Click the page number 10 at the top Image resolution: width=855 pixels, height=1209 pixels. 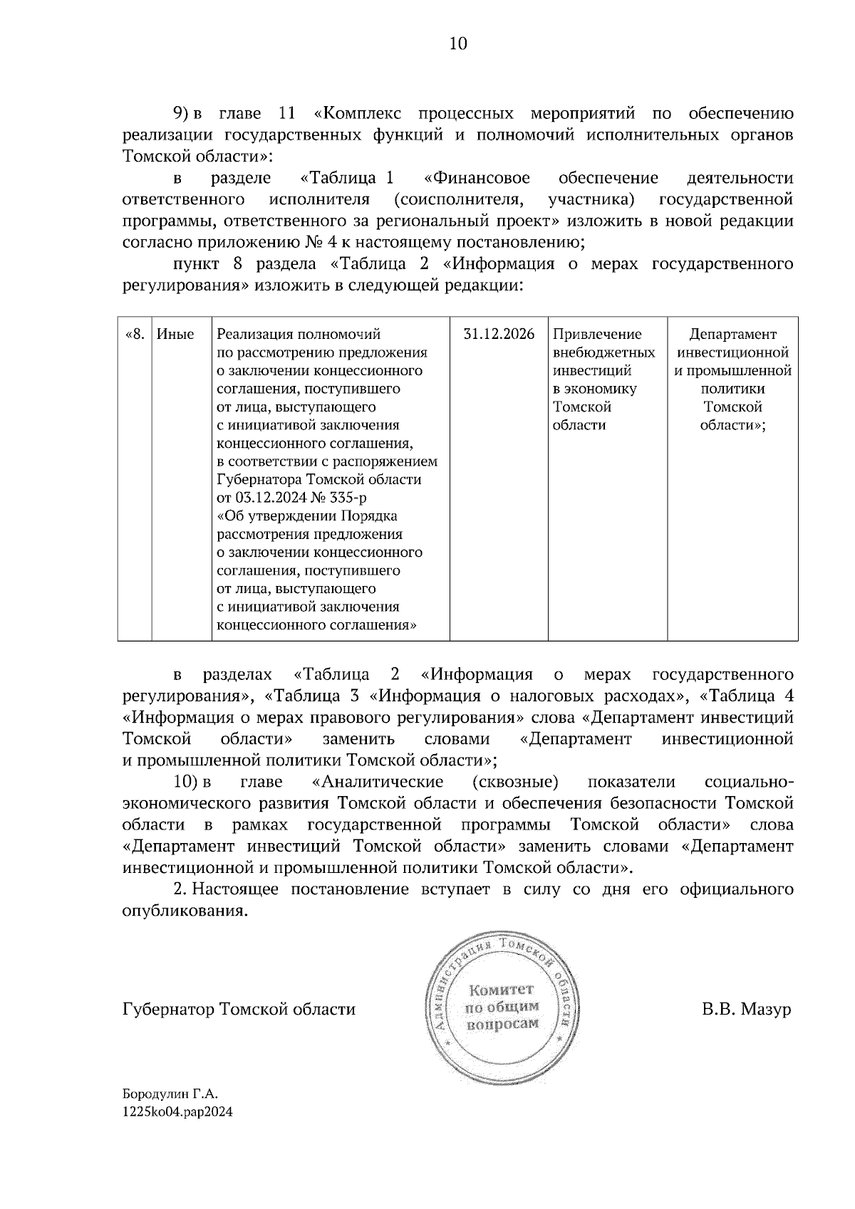(x=458, y=44)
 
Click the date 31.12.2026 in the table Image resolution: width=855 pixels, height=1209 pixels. (x=499, y=334)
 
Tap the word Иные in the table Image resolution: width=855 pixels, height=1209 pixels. (x=175, y=334)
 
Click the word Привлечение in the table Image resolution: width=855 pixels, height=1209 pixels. (x=597, y=334)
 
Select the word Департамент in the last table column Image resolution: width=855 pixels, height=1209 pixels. (x=732, y=334)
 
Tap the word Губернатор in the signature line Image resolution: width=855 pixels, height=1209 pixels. (x=169, y=1009)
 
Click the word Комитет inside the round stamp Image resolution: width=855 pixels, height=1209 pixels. (x=501, y=990)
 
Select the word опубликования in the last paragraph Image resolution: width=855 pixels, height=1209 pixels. (x=185, y=911)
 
